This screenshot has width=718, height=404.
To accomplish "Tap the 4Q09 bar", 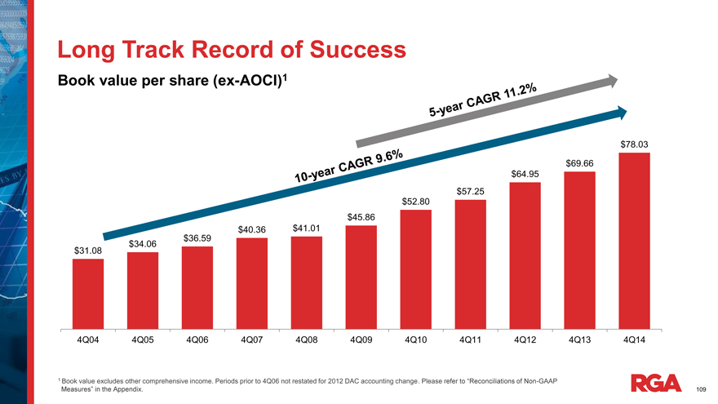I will [361, 276].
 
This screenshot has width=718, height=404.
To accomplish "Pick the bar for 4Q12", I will [525, 254].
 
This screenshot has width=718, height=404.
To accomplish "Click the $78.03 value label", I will [634, 144].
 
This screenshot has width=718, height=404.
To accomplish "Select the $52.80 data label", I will [416, 202].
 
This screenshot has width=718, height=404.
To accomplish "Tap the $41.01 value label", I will [307, 228].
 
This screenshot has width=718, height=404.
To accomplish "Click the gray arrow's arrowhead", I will [611, 80].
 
